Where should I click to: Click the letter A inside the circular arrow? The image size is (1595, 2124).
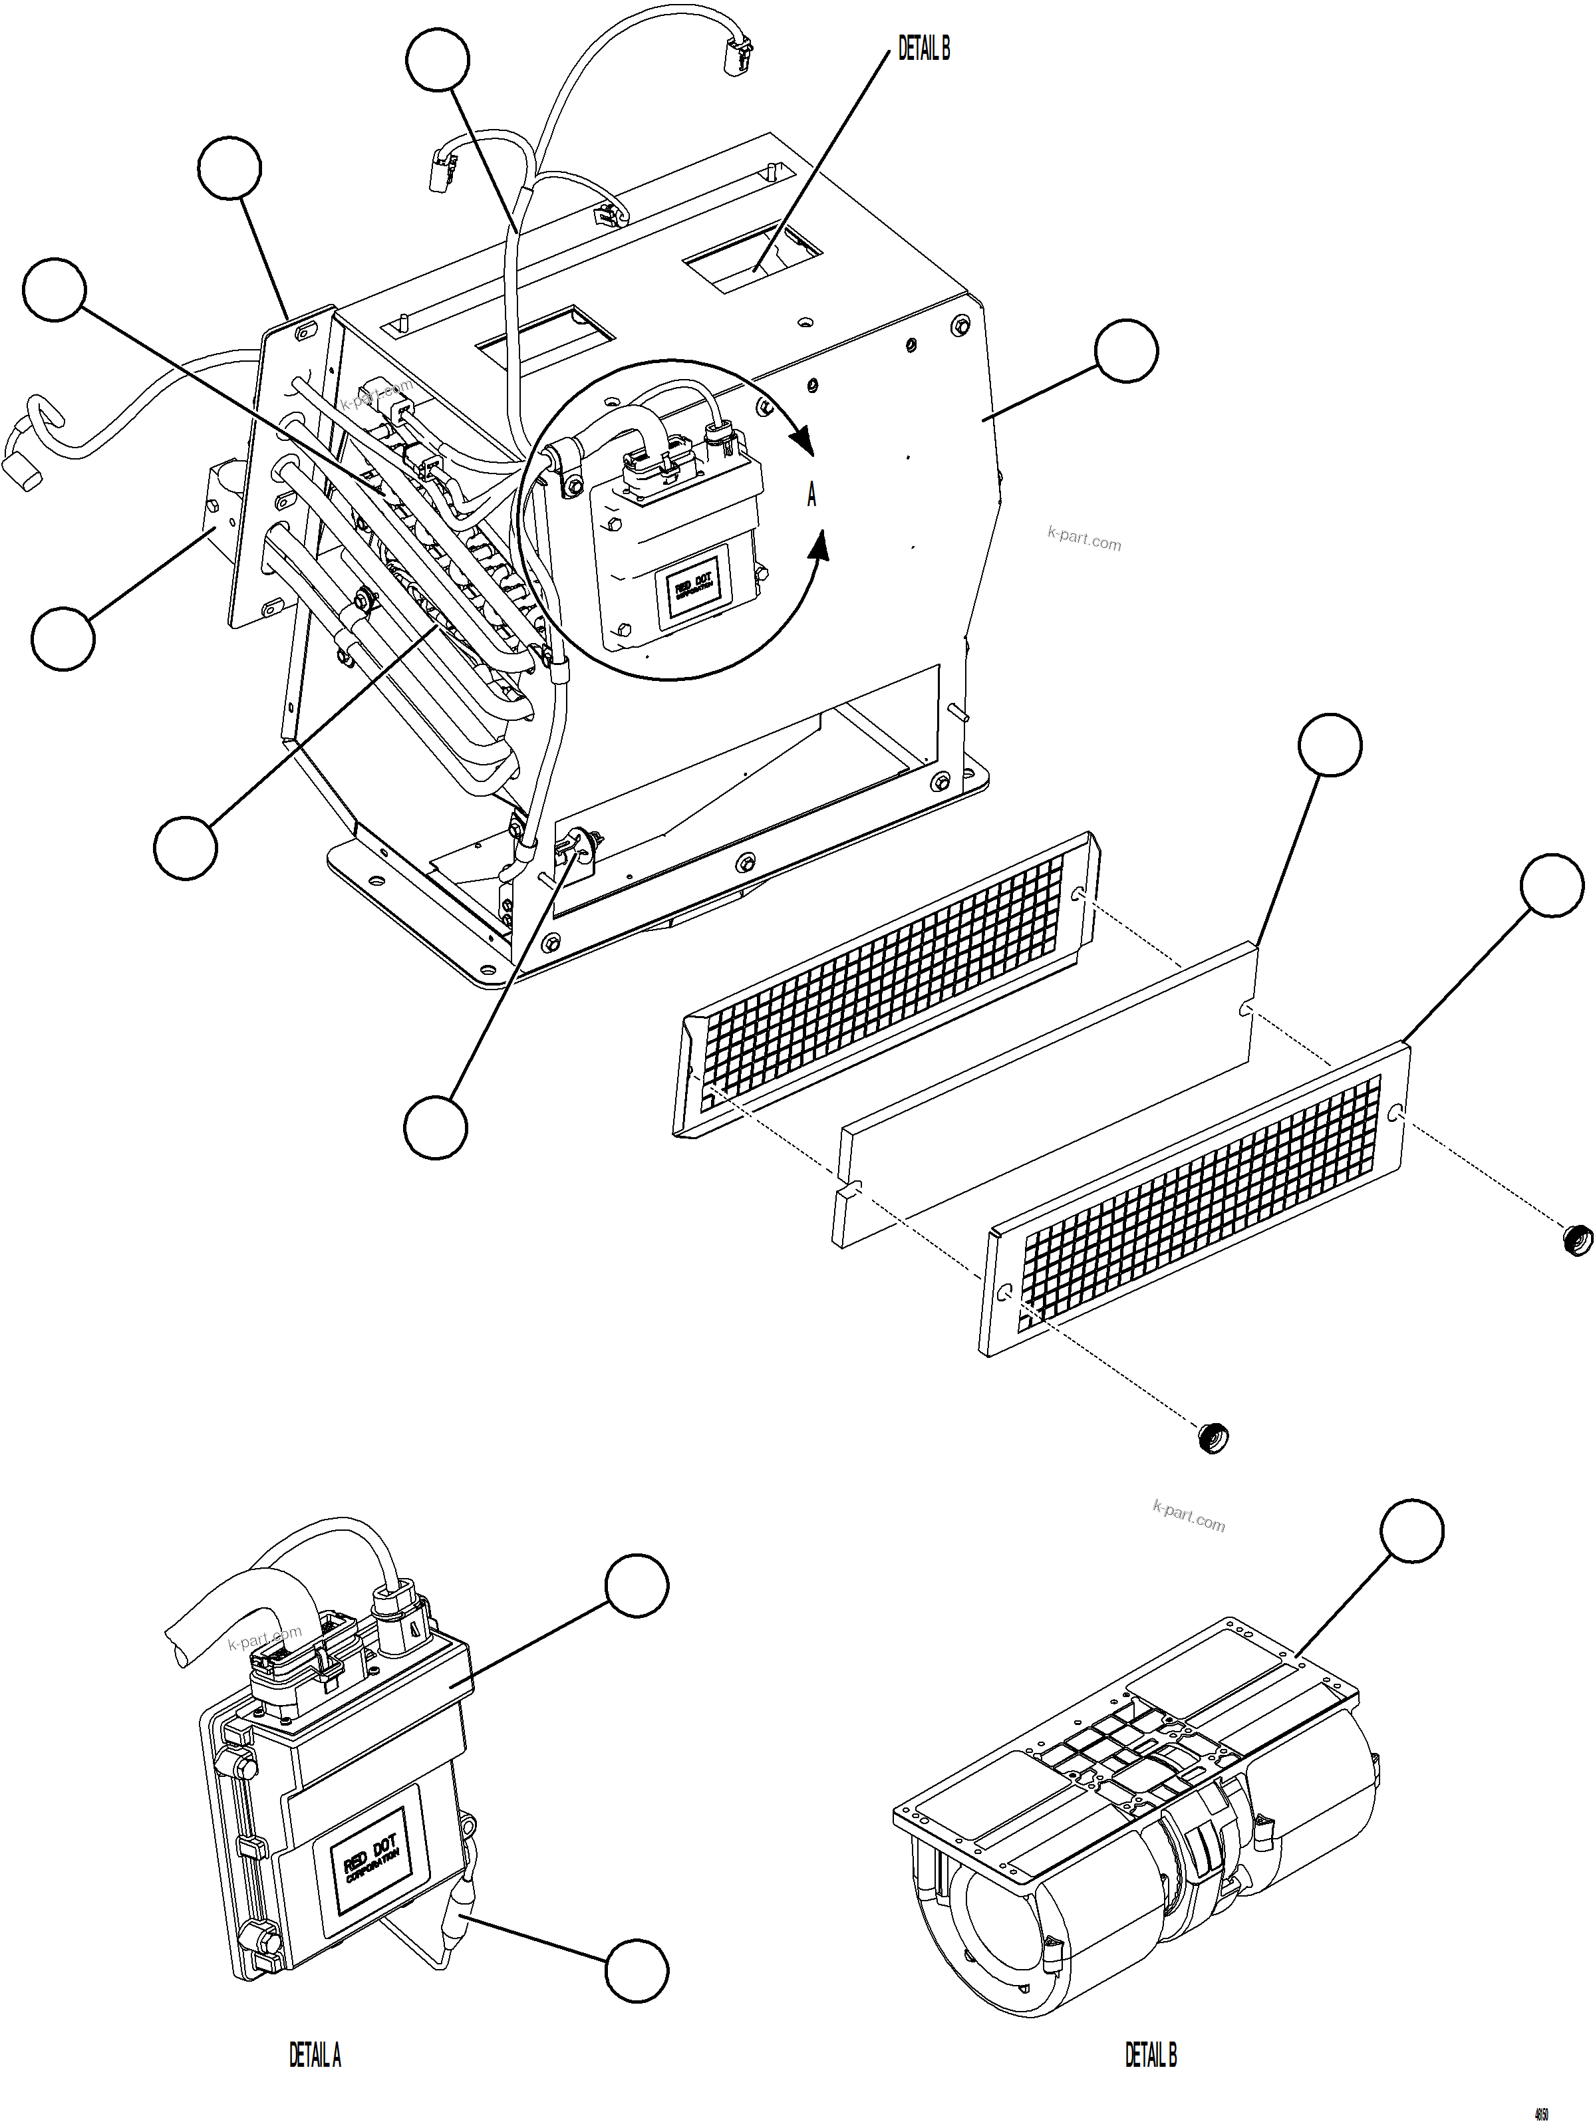pos(811,495)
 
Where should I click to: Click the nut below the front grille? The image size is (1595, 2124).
pos(1213,1438)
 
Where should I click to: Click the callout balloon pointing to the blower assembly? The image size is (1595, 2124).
pos(1411,1531)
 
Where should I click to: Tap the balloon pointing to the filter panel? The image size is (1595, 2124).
pos(1329,745)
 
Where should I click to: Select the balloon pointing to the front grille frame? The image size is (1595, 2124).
pos(1552,885)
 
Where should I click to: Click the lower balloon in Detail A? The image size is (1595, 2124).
pos(636,1970)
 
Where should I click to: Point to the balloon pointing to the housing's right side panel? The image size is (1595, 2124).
pos(1126,351)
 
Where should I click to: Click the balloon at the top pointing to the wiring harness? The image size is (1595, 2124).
pos(438,60)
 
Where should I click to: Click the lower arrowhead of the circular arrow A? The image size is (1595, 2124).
pos(818,547)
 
